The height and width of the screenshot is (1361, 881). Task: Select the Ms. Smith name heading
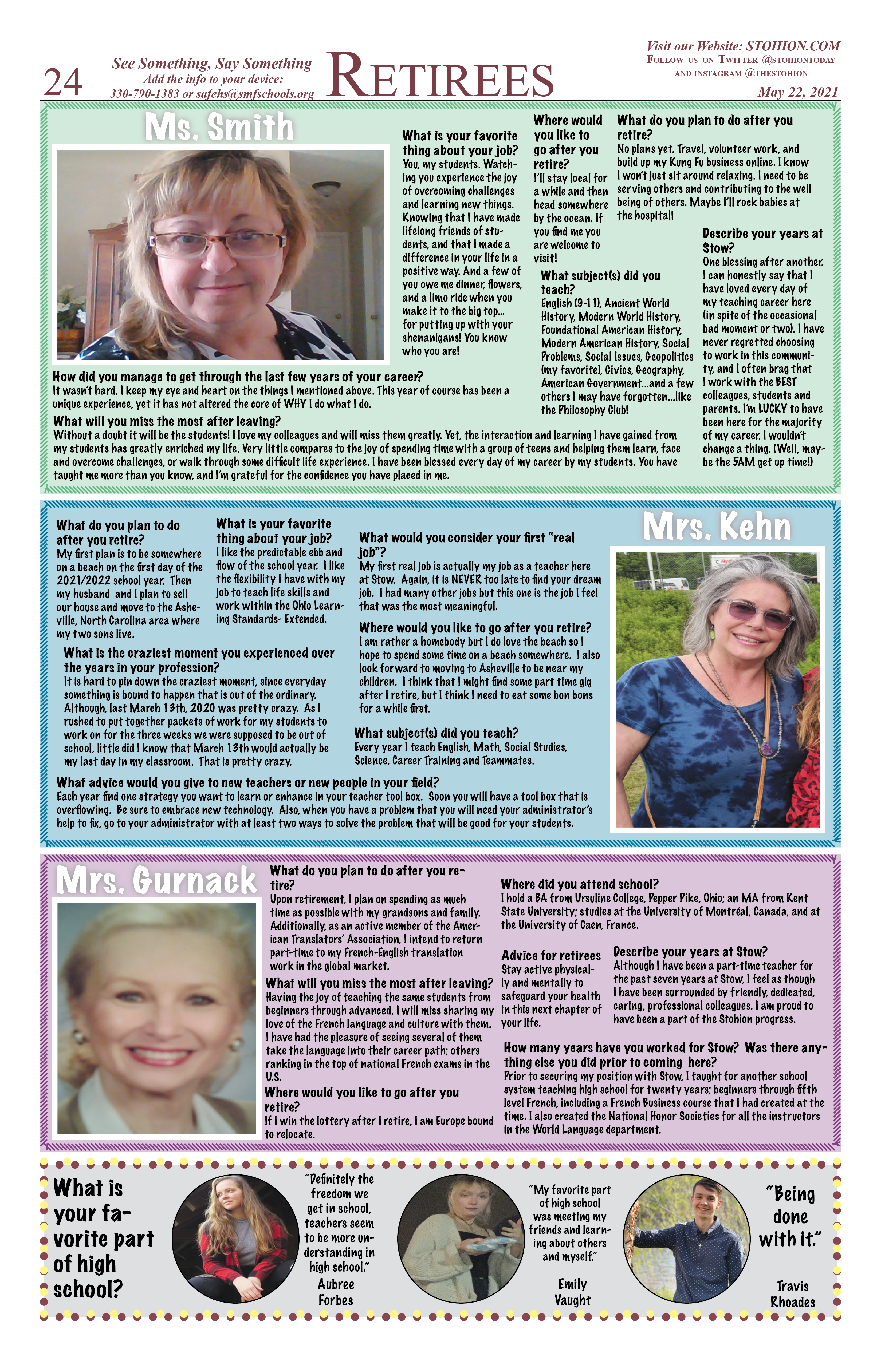coord(219,127)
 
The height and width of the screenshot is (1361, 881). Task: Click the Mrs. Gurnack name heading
coord(156,881)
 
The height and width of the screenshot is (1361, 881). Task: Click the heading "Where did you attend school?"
coord(580,884)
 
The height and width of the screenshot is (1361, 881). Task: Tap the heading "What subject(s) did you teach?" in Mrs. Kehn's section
coord(436,733)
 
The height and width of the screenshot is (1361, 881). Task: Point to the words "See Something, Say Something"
coord(212,64)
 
